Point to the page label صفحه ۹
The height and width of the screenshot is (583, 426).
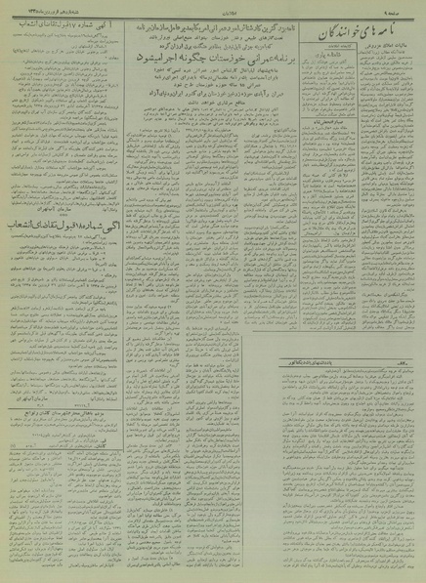coord(405,9)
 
